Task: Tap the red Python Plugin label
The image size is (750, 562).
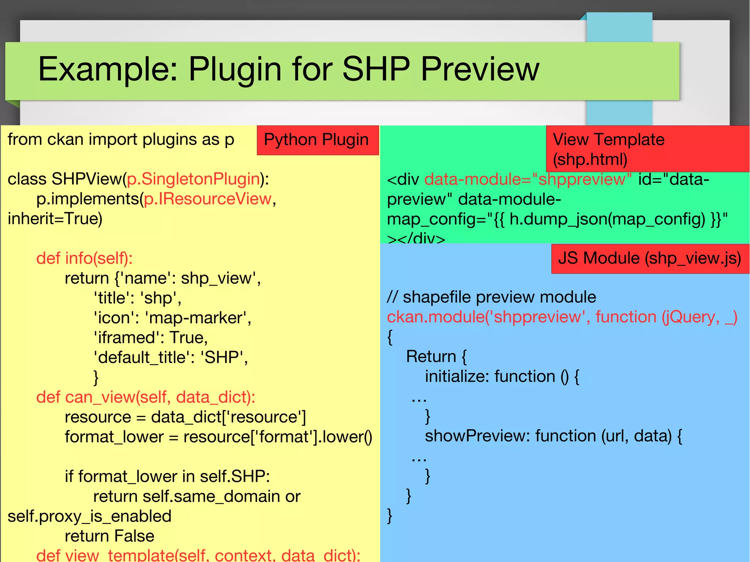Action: coord(317,140)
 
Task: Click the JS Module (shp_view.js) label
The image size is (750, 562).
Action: coord(650,258)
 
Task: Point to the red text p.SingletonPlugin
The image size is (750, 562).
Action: coord(193,179)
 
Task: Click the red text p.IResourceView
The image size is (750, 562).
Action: coord(208,199)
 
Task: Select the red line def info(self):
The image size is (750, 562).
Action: coord(84,258)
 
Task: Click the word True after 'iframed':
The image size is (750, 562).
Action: coord(188,338)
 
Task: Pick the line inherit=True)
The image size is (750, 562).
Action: coord(55,219)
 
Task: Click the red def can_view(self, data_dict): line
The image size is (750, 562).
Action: coord(146,397)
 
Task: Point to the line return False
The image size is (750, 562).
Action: coord(109,536)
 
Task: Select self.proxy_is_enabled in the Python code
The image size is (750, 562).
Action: coord(89,516)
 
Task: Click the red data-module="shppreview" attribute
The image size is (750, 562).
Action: coord(528,179)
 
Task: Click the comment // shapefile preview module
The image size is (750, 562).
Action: coord(491,297)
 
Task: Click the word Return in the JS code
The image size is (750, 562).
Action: coord(431,357)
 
